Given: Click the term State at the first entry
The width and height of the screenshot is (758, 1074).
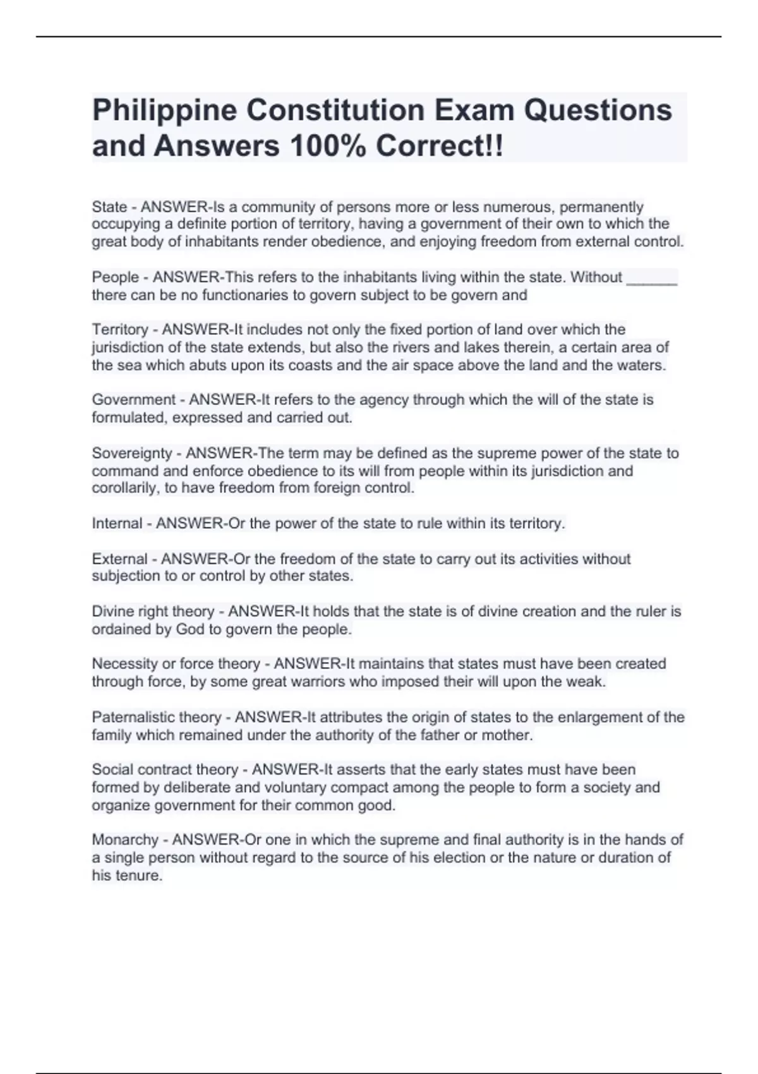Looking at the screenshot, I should [109, 207].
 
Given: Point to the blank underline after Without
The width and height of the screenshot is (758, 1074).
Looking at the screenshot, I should [651, 278].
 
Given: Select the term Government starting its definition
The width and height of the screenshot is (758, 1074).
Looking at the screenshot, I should [133, 400].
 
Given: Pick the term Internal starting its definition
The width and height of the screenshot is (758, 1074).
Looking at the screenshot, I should [117, 524].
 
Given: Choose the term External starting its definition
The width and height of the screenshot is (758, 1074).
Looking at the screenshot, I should [119, 559].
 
